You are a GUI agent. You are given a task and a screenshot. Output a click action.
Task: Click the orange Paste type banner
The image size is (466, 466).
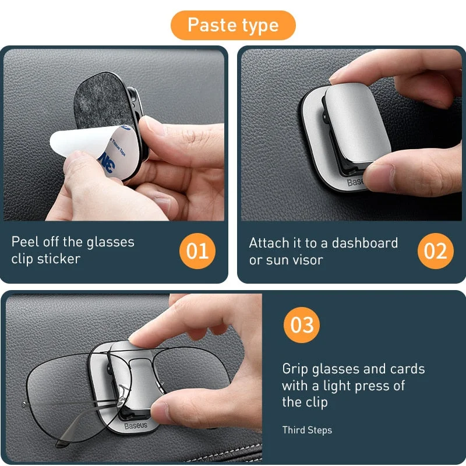click(x=233, y=25)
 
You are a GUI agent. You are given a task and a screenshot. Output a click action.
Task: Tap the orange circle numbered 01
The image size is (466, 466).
click(x=197, y=251)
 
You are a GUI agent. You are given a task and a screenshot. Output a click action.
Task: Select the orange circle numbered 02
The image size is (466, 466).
click(x=435, y=251)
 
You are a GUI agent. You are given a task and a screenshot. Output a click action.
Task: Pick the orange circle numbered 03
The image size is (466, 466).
click(x=302, y=324)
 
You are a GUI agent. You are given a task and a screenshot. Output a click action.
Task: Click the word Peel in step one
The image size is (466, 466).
click(x=24, y=242)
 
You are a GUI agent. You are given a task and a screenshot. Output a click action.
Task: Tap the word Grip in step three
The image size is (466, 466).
click(x=295, y=369)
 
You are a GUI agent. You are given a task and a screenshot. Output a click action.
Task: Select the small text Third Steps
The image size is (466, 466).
click(x=307, y=430)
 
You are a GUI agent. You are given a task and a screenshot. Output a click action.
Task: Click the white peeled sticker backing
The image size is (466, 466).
click(x=76, y=146)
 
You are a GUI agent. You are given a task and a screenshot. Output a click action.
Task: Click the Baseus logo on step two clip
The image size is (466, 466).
click(x=356, y=183)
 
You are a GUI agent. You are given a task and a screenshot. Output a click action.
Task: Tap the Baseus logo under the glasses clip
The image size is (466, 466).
click(x=135, y=426)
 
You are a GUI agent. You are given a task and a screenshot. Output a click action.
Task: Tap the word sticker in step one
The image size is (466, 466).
click(x=58, y=259)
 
